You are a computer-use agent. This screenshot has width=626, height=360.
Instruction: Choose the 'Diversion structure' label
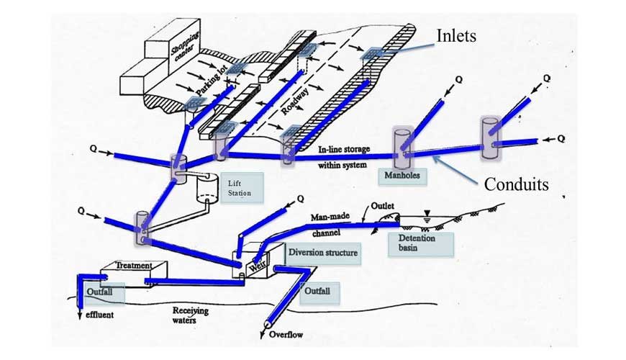pos(322,253)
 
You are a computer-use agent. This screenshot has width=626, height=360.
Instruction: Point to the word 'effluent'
pos(100,315)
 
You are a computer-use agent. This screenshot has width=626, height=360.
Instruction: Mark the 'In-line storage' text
pos(344,150)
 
